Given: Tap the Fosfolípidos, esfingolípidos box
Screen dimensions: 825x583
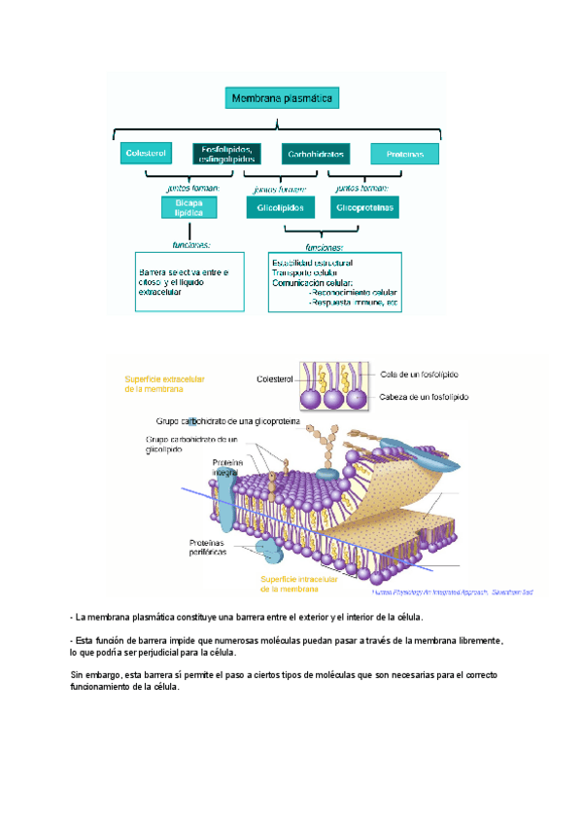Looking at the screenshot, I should [x=225, y=154].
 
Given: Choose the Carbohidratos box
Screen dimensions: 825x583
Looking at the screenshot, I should [x=315, y=154].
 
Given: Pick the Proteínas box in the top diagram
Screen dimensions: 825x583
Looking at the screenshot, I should [x=404, y=154].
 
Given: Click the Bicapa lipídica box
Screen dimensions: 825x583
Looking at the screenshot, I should [x=188, y=207].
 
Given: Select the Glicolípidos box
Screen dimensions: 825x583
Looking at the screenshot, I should [x=281, y=207].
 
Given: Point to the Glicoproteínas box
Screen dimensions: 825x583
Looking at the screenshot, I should [x=365, y=207].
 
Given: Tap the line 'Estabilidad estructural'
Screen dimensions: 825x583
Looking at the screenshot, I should [x=312, y=263].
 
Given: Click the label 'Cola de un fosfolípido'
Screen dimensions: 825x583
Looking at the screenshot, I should [x=420, y=375].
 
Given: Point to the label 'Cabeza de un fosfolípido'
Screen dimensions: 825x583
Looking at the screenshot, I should [x=425, y=397].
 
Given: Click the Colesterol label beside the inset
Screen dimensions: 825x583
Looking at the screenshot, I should [x=275, y=379].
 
